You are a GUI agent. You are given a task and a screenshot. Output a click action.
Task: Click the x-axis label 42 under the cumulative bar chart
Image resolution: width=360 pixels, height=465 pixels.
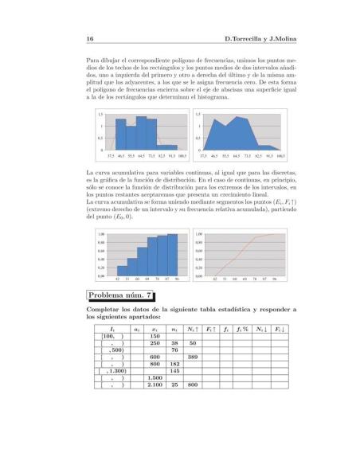point(118,279)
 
